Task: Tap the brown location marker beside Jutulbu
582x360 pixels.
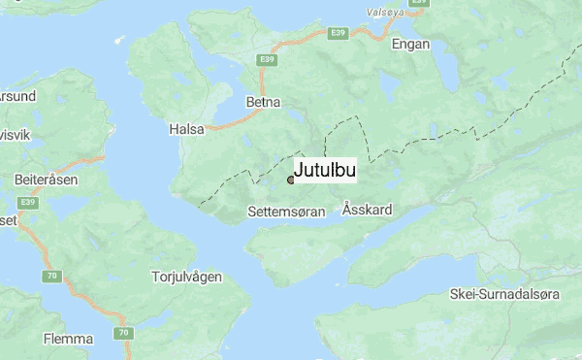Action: [x=290, y=180]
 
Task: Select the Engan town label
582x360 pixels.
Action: [x=408, y=45]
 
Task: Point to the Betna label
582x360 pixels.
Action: [x=263, y=101]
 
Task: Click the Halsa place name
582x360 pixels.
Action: [x=185, y=127]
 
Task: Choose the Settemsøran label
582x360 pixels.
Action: [x=286, y=211]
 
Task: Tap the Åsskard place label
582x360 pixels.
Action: [x=368, y=210]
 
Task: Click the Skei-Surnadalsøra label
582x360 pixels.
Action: [x=512, y=293]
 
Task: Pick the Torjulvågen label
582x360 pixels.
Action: [x=187, y=277]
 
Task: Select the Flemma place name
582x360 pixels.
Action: [x=68, y=339]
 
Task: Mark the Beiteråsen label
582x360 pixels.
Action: [x=47, y=180]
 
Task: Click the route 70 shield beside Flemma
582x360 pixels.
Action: [x=123, y=333]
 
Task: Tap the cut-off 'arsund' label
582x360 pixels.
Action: [x=17, y=96]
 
